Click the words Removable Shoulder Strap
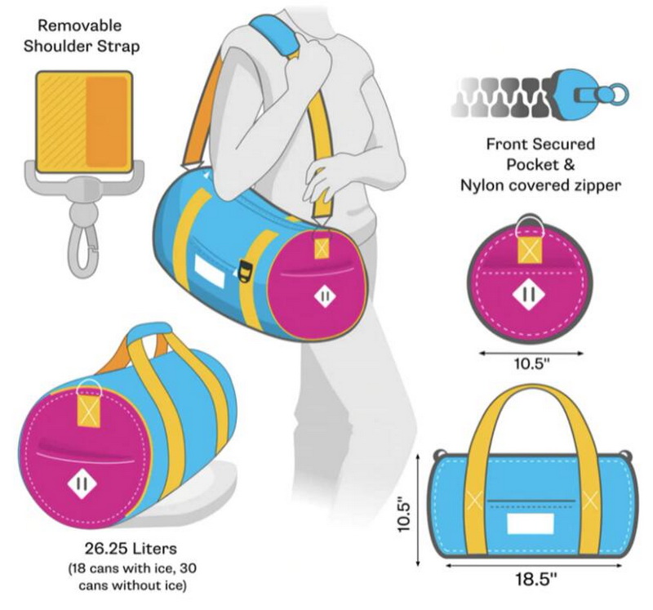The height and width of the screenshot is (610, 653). (x=82, y=35)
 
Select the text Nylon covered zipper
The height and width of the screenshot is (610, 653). (x=540, y=185)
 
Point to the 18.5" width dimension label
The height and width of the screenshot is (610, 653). (x=535, y=581)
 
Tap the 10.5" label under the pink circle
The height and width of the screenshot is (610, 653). (x=531, y=363)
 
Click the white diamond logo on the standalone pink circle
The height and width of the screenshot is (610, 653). (x=529, y=293)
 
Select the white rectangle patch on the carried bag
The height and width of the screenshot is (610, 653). (x=211, y=270)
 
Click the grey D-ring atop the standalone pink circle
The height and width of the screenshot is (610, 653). (x=531, y=223)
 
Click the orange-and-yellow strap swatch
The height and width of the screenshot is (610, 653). (x=83, y=114)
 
